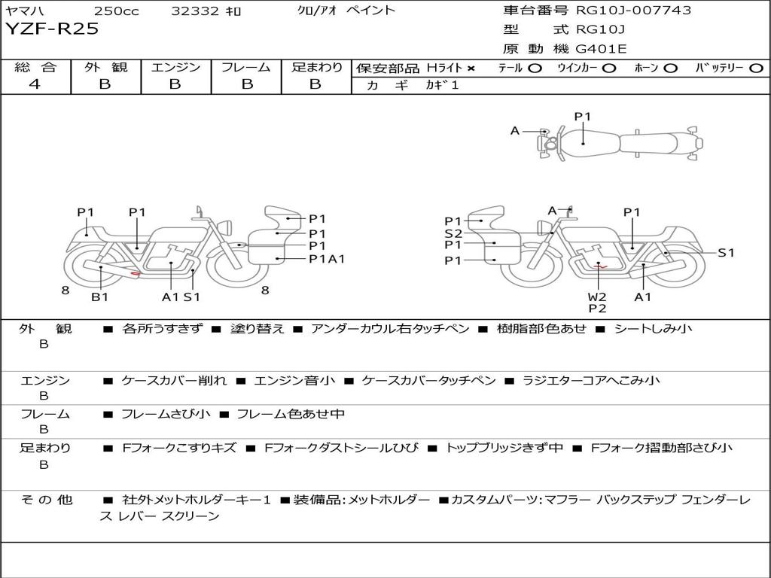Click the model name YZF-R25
[x=52, y=29]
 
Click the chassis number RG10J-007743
[x=633, y=10]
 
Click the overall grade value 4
[x=35, y=84]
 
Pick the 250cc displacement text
[x=117, y=11]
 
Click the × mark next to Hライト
[x=471, y=68]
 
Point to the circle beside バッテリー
[x=756, y=68]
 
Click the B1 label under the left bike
[x=100, y=297]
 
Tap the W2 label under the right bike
[x=597, y=297]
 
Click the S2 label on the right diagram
[x=453, y=233]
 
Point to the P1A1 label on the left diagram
[x=327, y=259]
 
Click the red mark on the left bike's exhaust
[x=136, y=273]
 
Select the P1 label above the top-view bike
[x=583, y=117]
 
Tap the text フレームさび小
[x=165, y=415]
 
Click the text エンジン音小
[x=294, y=380]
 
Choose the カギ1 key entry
[x=442, y=85]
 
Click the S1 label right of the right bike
[x=727, y=253]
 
